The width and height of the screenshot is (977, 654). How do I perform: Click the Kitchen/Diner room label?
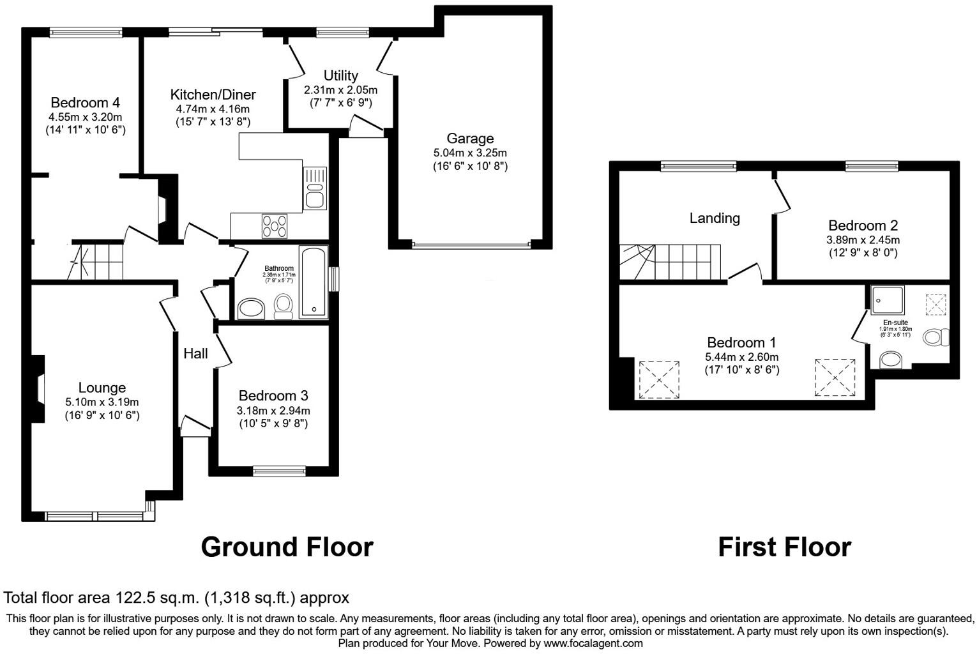pos(213,95)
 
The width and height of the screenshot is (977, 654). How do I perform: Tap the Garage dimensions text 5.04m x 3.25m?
pos(470,153)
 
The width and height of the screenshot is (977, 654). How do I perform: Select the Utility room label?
pos(340,75)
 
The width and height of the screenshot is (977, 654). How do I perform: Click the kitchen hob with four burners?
pos(275,226)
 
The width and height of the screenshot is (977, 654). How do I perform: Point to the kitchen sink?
pos(315,188)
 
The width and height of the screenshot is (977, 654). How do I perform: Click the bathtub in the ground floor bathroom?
pos(313,282)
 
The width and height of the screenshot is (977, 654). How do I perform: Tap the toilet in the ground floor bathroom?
pos(283,306)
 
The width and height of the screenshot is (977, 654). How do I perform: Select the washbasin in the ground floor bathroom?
pos(251,308)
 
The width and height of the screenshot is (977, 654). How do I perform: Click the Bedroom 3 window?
pos(279,471)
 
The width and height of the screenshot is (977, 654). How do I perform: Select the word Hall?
pos(195,354)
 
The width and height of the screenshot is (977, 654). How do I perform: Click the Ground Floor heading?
pos(287,547)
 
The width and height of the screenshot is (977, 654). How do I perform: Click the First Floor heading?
pos(784,547)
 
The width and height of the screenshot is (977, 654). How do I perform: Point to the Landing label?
pos(715,218)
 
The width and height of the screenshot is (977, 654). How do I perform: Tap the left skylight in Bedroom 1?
pos(659,379)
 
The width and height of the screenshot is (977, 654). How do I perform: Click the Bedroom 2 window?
pos(872,166)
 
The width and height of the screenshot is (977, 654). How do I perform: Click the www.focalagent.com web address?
pos(593,643)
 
